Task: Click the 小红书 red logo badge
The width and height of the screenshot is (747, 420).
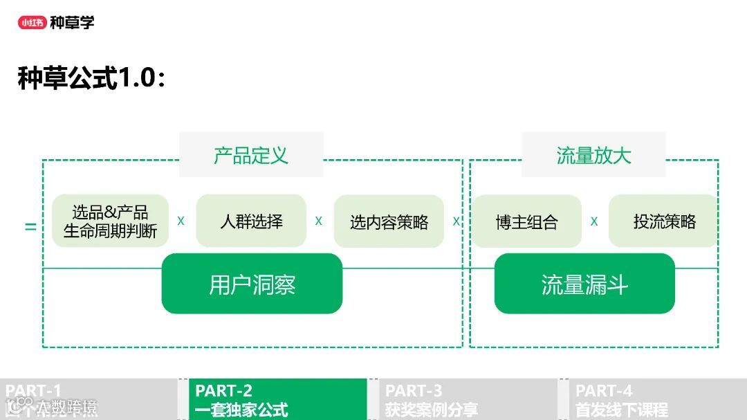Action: (x=32, y=22)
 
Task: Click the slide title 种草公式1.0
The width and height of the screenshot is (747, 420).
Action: (x=91, y=78)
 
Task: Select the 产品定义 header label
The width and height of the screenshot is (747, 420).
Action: (x=251, y=155)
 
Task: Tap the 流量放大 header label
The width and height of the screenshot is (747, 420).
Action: (x=593, y=155)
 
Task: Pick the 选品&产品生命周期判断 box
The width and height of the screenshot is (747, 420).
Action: (x=111, y=221)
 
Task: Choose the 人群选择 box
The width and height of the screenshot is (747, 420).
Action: (x=251, y=221)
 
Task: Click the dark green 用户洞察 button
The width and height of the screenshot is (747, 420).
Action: (x=252, y=284)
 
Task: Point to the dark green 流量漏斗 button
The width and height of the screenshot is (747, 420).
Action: (x=584, y=284)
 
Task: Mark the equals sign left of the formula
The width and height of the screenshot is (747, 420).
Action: (x=30, y=226)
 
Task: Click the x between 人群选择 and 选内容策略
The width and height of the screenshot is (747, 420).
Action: (x=319, y=221)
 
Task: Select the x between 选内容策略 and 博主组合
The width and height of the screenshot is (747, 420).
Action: (x=456, y=221)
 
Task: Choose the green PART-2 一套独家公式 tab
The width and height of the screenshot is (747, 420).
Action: (x=277, y=399)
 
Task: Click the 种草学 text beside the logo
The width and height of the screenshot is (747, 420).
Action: (x=72, y=22)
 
